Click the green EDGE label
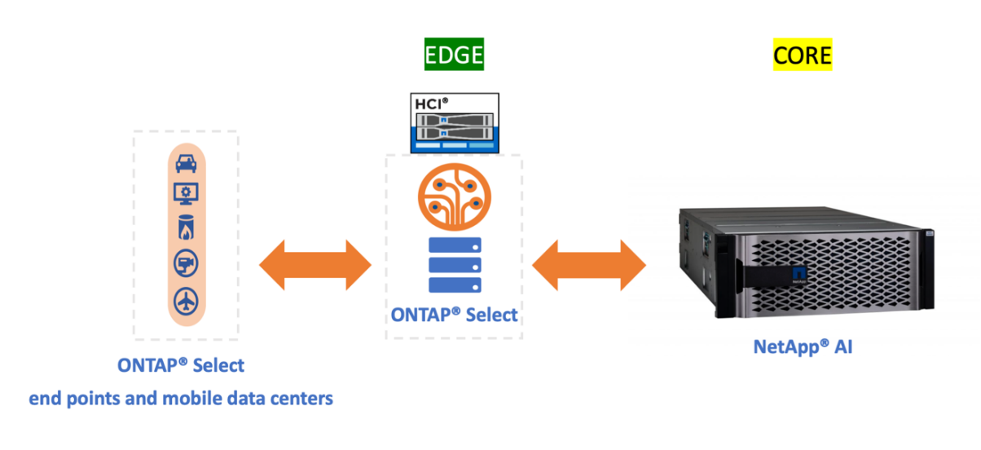point(454,55)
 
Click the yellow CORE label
point(803,55)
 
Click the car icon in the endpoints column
point(187,163)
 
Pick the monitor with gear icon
point(187,193)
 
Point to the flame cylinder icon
point(187,227)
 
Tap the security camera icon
point(187,263)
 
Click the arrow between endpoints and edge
point(315,265)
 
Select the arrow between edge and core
point(588,265)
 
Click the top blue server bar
point(454,245)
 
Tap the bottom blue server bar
point(454,285)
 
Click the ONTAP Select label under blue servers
point(454,315)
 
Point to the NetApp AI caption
point(803,346)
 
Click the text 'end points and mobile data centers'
point(181,399)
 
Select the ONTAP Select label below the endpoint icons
point(181,364)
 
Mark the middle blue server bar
point(454,265)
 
